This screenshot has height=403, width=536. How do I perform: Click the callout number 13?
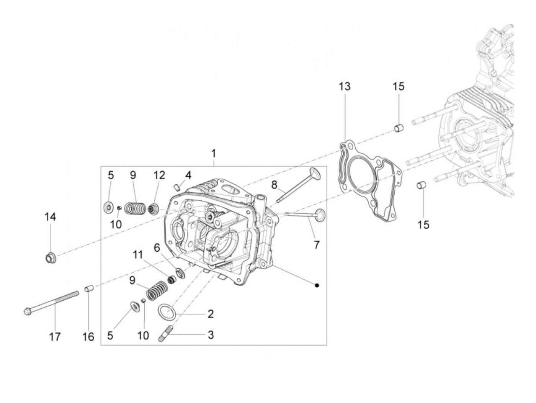344,86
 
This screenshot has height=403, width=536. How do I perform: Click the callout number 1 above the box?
214,154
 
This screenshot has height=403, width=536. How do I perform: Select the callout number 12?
159,175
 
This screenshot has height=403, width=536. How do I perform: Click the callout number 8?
274,184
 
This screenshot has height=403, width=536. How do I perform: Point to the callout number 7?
316,244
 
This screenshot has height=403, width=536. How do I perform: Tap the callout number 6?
157,248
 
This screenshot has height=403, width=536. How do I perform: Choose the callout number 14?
50,217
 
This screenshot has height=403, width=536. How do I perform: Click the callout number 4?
188,175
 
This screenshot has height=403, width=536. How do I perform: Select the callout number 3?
211,334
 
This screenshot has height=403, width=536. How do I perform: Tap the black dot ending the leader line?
317,285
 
